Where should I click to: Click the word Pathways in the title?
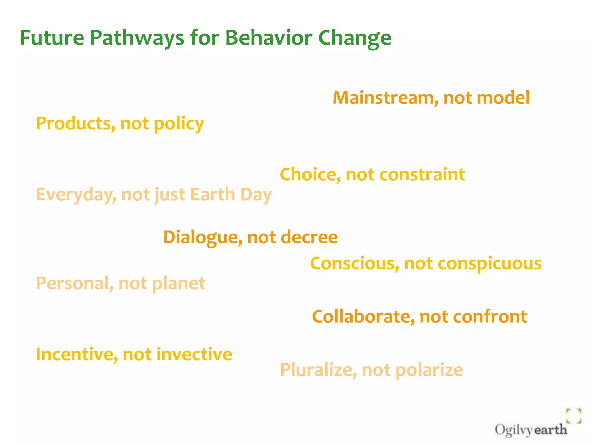(137, 38)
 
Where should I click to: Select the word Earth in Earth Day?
(213, 194)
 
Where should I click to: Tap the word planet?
(178, 283)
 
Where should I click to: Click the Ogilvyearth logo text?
(530, 430)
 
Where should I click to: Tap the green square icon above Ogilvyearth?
(573, 416)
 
